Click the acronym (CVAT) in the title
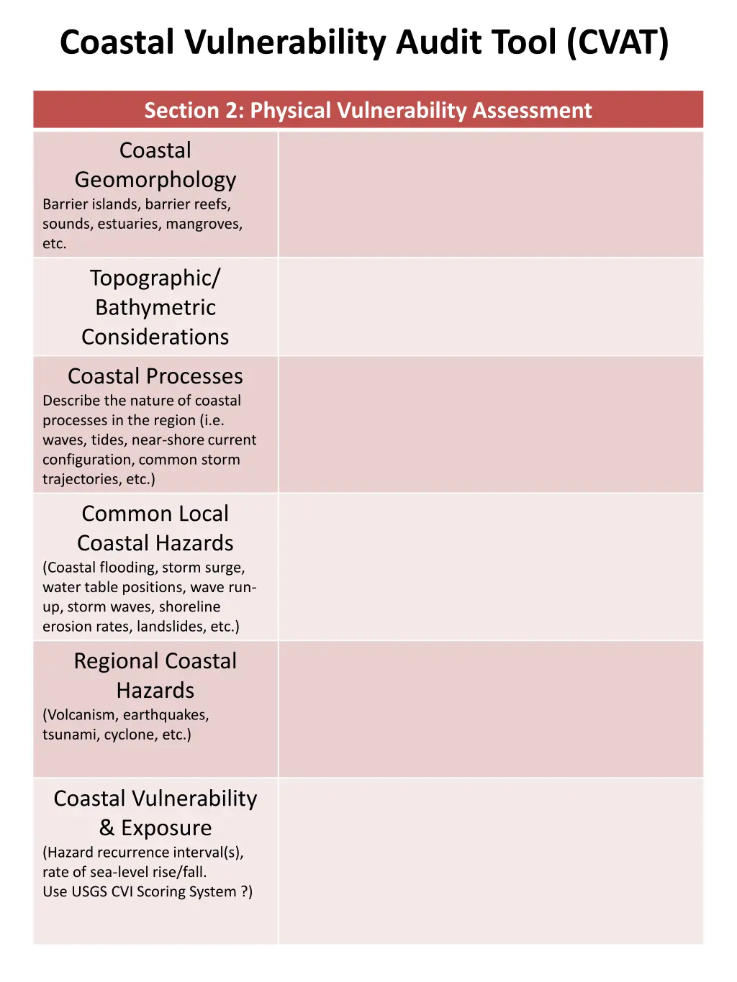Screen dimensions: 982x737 (618, 42)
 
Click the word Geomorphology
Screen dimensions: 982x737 (155, 180)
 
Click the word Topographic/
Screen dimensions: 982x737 (155, 278)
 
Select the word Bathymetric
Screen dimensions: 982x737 (155, 307)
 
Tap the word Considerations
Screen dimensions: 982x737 (155, 337)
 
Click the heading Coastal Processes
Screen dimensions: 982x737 (155, 376)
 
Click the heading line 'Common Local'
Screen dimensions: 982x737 (155, 514)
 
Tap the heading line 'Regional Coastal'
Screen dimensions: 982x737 (155, 661)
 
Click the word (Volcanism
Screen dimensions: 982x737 (81, 715)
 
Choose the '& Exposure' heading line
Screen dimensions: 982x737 (155, 828)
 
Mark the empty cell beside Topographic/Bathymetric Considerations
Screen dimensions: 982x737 (490, 307)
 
